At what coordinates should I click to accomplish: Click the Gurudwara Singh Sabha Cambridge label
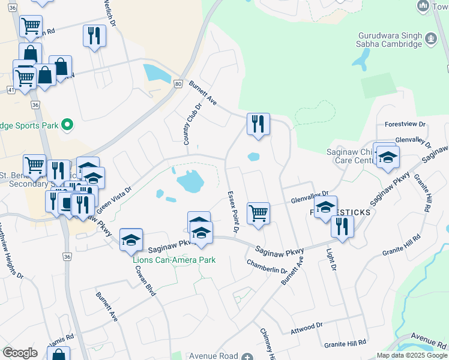pyautogui.click(x=390, y=40)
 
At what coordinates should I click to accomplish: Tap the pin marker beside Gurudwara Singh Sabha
pyautogui.click(x=430, y=40)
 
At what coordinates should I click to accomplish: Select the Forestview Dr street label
pyautogui.click(x=406, y=124)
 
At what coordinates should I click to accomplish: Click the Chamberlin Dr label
pyautogui.click(x=267, y=266)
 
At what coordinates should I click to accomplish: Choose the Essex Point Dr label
pyautogui.click(x=234, y=212)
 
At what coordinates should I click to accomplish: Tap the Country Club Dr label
pyautogui.click(x=192, y=123)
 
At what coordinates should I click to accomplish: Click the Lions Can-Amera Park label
pyautogui.click(x=174, y=260)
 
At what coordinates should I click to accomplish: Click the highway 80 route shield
pyautogui.click(x=178, y=84)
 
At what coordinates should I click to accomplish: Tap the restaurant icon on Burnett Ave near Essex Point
pyautogui.click(x=259, y=125)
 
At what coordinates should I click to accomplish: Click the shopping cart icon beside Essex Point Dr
pyautogui.click(x=258, y=214)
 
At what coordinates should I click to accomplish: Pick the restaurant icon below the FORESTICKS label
pyautogui.click(x=342, y=227)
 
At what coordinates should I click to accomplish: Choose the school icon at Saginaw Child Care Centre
pyautogui.click(x=388, y=158)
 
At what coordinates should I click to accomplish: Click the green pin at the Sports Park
pyautogui.click(x=68, y=125)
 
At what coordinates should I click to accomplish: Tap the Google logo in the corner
pyautogui.click(x=20, y=353)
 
